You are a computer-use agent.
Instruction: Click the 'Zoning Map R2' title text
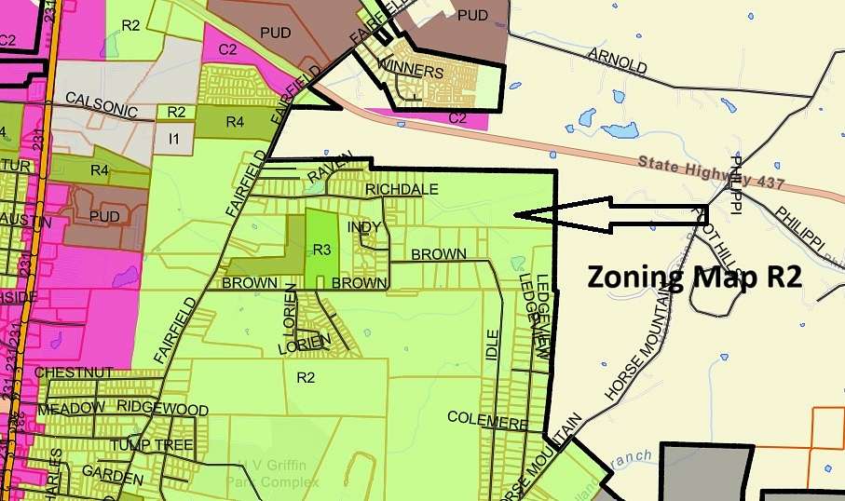click(694, 277)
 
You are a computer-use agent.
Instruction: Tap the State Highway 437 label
click(711, 173)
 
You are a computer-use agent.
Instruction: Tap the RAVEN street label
click(332, 168)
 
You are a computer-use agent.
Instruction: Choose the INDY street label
click(364, 226)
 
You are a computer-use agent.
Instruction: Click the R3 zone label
click(322, 250)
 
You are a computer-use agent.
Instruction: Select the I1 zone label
click(173, 139)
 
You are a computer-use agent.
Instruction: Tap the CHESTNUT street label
click(74, 372)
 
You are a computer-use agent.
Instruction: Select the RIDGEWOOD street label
click(162, 409)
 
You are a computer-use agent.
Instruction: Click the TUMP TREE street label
click(152, 444)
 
